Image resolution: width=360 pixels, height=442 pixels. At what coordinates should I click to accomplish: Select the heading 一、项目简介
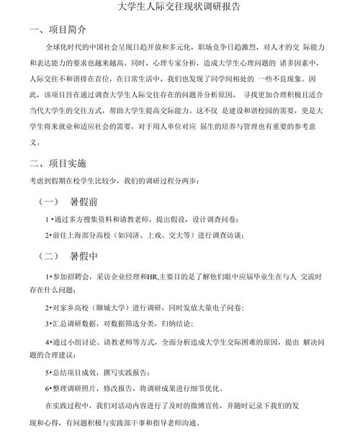tap(57, 30)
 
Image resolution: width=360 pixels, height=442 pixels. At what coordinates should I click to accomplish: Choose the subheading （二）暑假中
tap(72, 256)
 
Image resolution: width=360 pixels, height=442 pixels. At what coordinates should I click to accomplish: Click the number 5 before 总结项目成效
tap(47, 371)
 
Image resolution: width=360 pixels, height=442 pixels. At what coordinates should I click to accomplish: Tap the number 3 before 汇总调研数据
tap(47, 324)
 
